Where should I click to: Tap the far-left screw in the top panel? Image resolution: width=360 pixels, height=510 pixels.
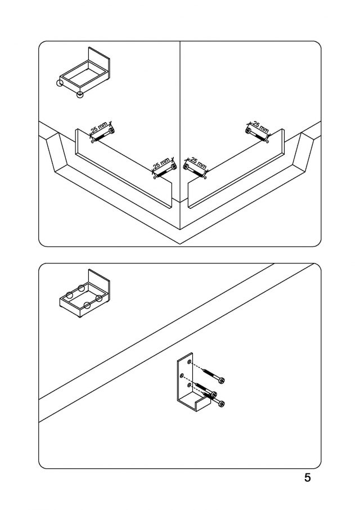tap(102, 135)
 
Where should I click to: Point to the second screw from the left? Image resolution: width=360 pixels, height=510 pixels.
tap(164, 171)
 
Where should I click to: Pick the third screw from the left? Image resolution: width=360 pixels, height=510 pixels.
tap(195, 171)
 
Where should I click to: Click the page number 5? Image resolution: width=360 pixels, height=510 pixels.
tap(307, 478)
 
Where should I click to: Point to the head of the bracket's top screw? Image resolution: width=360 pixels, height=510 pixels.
tap(222, 380)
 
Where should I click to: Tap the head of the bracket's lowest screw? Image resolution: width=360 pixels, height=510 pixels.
tap(221, 403)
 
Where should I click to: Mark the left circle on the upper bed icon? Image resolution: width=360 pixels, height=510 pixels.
tap(60, 84)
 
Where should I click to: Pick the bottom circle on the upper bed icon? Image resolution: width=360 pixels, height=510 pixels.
tap(80, 94)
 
